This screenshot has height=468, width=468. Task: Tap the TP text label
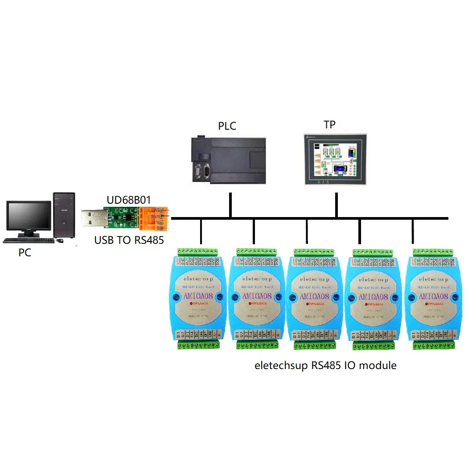329,124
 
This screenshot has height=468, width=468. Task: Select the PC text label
25,253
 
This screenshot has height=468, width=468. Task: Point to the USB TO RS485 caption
129,240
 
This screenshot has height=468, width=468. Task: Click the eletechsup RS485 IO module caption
325,365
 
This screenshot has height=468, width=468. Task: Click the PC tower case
64,215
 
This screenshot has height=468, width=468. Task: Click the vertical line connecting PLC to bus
230,205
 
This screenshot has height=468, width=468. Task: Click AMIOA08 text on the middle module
315,296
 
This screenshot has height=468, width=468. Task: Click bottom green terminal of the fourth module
374,345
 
